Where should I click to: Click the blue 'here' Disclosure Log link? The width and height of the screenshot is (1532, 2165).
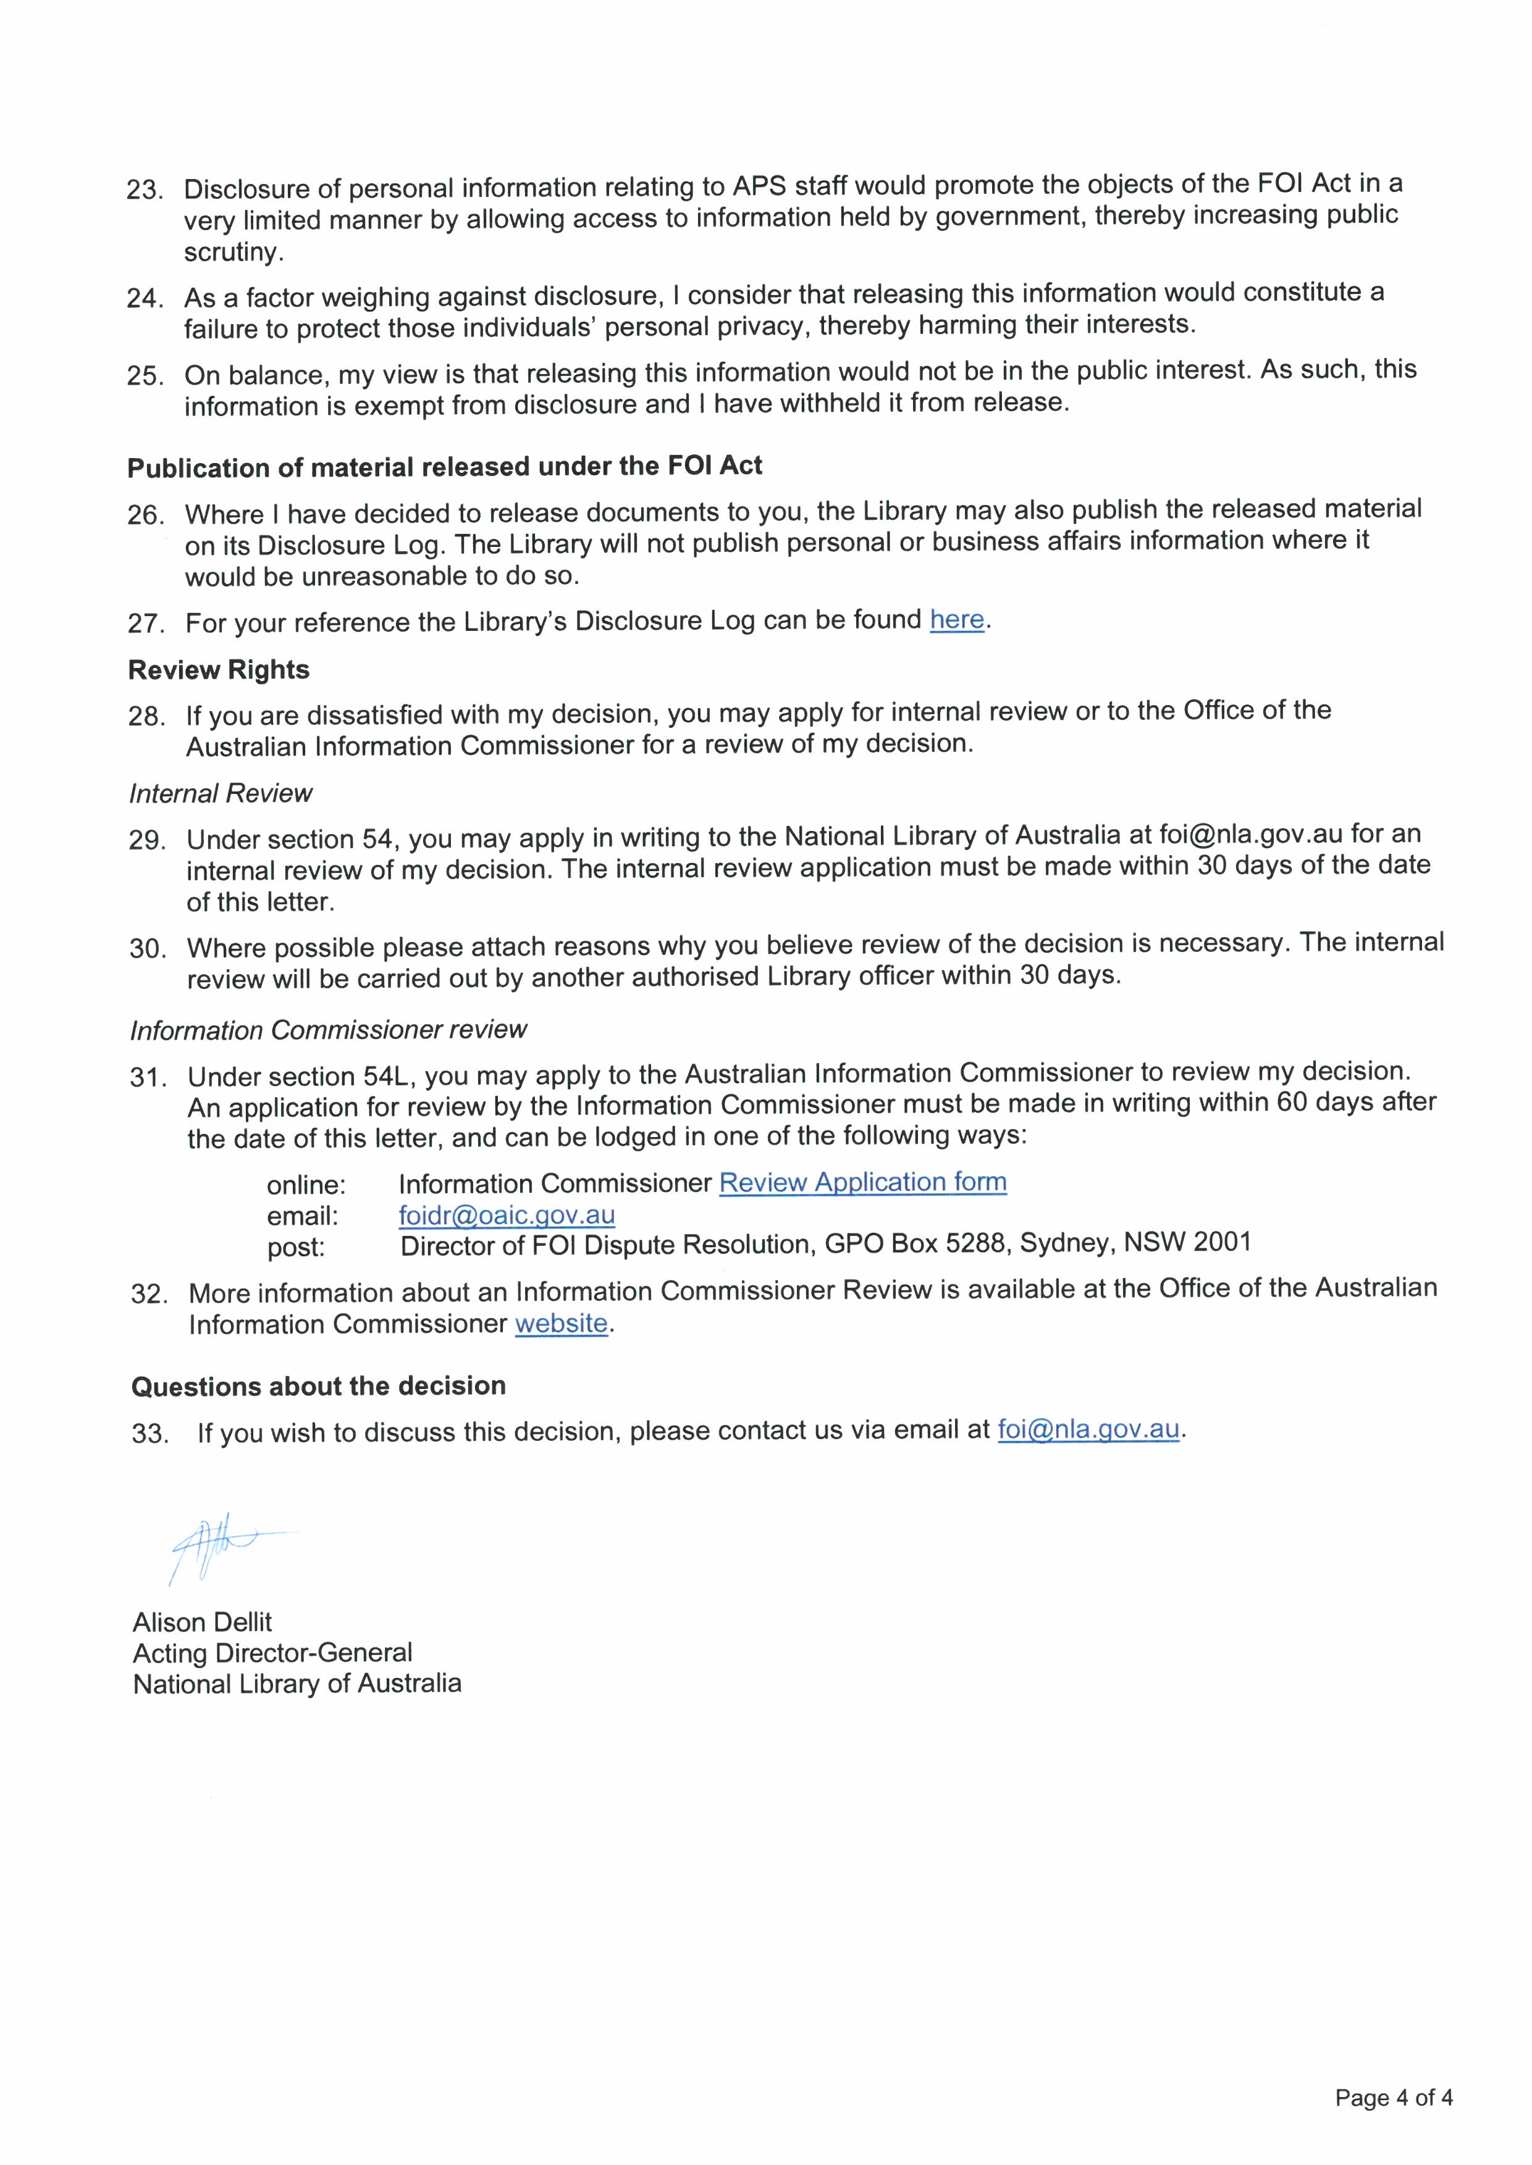pos(956,620)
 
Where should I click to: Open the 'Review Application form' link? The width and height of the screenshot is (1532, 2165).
pos(862,1182)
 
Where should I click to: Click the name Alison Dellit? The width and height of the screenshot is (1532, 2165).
pos(202,1622)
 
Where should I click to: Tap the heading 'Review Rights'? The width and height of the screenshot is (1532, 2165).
pos(219,670)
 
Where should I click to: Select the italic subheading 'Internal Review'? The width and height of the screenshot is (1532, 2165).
pos(221,794)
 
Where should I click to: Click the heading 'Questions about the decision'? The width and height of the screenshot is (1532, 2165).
pos(318,1386)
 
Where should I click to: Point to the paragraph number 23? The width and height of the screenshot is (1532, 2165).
pos(145,190)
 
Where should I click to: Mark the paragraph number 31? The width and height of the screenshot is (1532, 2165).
pos(149,1077)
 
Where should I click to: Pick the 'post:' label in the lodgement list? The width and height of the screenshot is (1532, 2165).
pos(295,1248)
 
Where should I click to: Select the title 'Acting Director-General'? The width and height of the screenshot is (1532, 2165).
pos(272,1653)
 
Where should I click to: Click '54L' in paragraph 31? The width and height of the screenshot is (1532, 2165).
pos(384,1076)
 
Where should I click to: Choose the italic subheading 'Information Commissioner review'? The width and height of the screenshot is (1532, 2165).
pos(328,1030)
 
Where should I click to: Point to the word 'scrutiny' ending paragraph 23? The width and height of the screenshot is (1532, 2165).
pos(232,252)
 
